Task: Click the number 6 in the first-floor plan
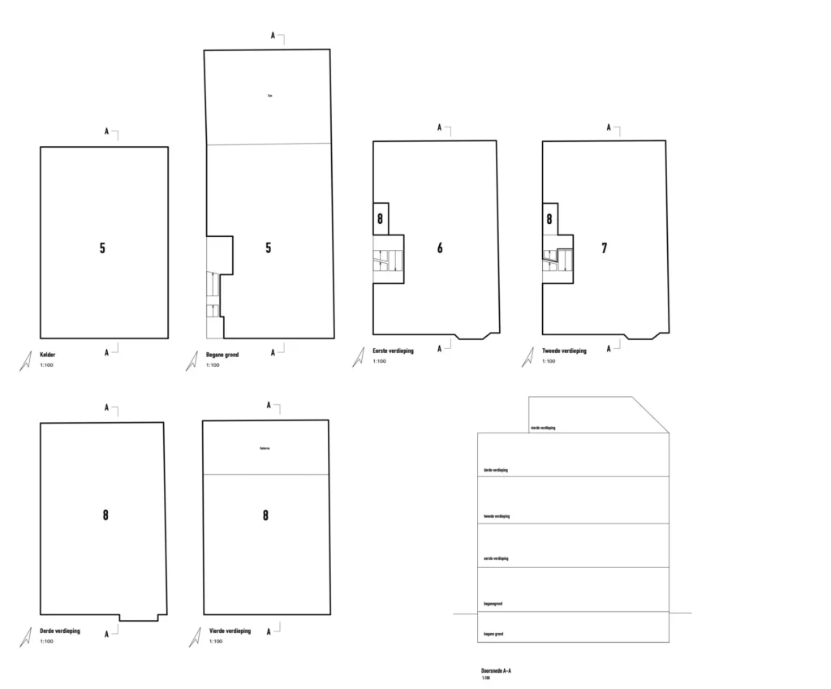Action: pos(440,248)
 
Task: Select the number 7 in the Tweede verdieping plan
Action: pos(605,248)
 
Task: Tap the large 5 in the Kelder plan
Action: pos(102,248)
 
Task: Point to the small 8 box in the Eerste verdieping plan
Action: pos(380,219)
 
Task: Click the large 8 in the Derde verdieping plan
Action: pos(105,515)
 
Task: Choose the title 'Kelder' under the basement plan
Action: pos(49,355)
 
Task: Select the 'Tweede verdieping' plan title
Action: pos(564,351)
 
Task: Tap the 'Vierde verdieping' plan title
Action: pos(230,631)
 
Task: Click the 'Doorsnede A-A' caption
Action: pos(496,671)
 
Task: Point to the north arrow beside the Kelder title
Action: pos(25,362)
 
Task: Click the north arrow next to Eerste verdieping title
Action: pos(358,358)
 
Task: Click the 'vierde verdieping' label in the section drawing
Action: pos(543,427)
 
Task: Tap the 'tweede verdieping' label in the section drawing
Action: pos(497,516)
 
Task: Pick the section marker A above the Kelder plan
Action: pos(106,131)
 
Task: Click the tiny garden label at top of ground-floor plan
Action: pos(269,97)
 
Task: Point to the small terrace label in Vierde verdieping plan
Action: pos(264,447)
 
